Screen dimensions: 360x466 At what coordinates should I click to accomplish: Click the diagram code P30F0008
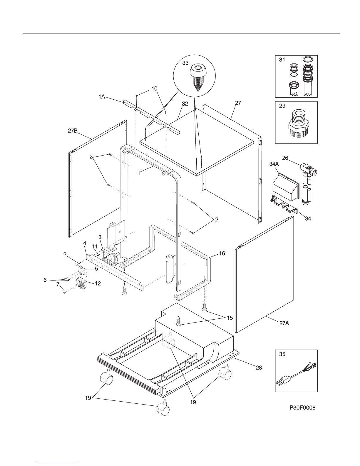coord(302,407)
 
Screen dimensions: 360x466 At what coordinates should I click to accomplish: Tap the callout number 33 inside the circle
coord(185,63)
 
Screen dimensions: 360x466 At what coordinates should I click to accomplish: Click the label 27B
coord(73,131)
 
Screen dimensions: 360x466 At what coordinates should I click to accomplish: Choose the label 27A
coord(284,329)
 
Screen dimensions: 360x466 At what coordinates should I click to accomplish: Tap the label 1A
coord(102,97)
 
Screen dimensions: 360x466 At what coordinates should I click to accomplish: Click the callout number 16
coord(222,253)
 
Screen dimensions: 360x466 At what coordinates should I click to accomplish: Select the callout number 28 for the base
coord(259,368)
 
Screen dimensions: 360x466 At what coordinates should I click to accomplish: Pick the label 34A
coord(274,164)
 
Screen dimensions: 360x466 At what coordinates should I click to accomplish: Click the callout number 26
coord(285,158)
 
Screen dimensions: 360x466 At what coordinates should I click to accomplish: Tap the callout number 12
coord(98,283)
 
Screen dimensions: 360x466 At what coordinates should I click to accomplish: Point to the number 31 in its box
coord(282,60)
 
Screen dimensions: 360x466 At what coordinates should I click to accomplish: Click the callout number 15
coord(230,318)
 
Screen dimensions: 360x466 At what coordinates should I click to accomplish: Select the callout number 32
coord(185,104)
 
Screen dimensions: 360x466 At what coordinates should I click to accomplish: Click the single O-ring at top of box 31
coord(308,59)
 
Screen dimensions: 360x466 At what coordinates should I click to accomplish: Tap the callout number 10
coord(154,88)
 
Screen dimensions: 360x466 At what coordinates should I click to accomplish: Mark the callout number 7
coord(58,285)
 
